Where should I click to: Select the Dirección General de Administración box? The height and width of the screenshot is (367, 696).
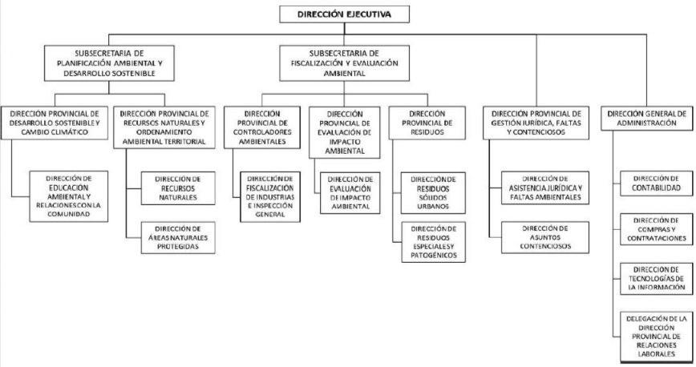[648, 119]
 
